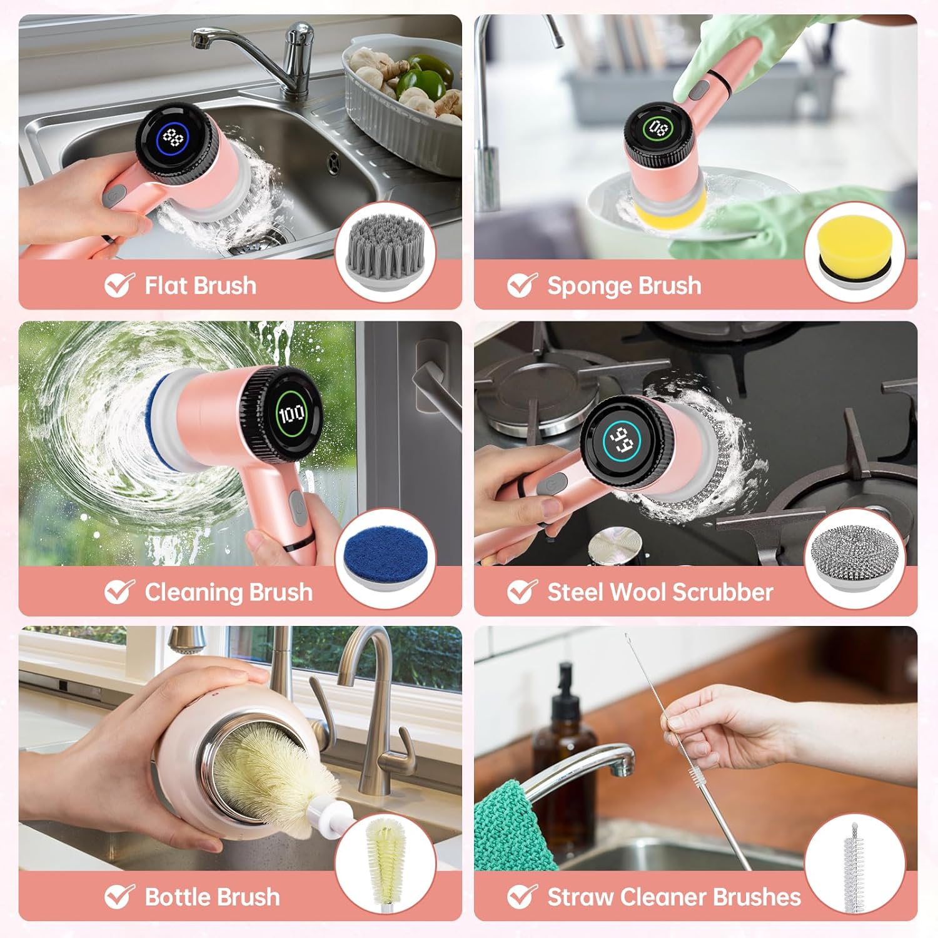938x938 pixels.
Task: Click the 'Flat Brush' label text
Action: point(200,286)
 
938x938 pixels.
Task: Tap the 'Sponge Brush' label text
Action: point(623,286)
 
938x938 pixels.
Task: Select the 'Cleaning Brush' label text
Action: point(228,592)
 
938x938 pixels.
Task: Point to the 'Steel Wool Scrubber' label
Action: point(660,592)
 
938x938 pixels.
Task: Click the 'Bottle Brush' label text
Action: point(212,897)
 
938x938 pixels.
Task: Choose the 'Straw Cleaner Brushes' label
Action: point(673,897)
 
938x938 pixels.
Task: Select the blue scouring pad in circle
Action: point(385,557)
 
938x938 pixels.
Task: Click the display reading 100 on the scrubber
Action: point(291,413)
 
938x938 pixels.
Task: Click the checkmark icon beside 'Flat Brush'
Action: point(119,285)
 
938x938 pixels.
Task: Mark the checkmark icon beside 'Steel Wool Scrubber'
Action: point(522,592)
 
